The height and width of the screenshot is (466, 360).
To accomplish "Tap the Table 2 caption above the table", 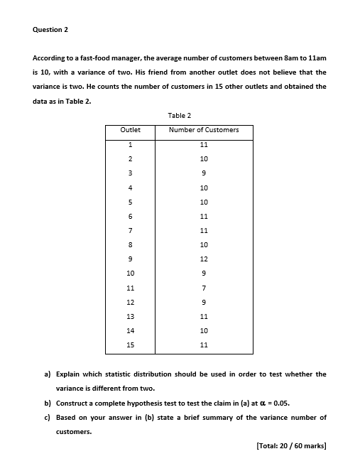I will [x=180, y=115].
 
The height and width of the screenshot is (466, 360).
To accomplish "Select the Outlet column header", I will [x=130, y=130].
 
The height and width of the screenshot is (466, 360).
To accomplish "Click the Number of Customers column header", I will [x=204, y=130].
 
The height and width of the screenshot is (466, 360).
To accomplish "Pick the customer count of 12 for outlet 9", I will [x=204, y=259].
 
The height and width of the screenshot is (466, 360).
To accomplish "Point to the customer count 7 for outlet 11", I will [x=204, y=288].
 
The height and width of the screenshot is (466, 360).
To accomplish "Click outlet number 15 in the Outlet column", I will [x=130, y=345].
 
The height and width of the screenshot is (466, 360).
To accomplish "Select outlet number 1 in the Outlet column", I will [x=130, y=144].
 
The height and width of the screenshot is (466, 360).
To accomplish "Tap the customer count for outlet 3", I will [x=204, y=173].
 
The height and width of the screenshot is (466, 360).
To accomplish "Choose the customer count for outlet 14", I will [x=204, y=331].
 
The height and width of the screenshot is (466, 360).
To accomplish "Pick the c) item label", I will [x=48, y=417].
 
